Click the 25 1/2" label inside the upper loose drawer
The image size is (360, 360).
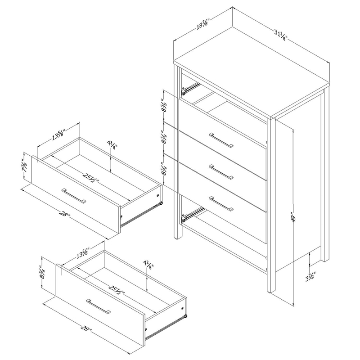[91, 178]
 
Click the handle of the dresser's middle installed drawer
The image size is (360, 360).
[221, 171]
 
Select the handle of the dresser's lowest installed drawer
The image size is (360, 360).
[221, 203]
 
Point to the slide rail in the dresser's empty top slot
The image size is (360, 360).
[190, 88]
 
